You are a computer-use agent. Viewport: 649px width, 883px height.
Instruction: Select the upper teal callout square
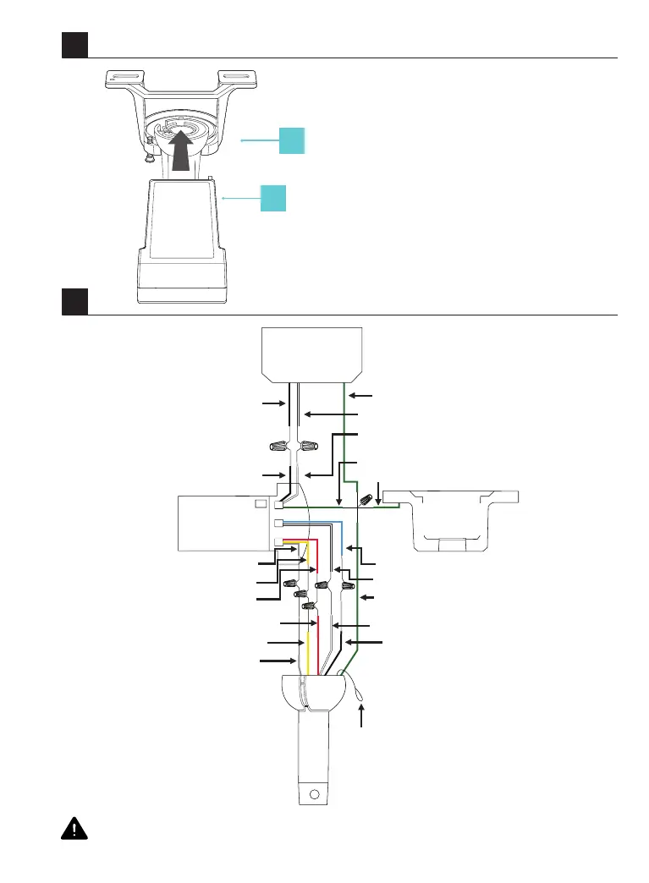(x=292, y=140)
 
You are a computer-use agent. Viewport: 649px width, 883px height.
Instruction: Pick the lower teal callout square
(x=272, y=197)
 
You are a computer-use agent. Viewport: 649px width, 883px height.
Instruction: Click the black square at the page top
(x=74, y=45)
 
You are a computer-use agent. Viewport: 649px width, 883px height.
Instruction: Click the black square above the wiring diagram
(x=74, y=300)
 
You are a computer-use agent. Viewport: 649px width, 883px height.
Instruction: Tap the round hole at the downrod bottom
(x=315, y=793)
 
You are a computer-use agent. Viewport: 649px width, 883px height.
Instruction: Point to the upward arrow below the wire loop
(x=363, y=717)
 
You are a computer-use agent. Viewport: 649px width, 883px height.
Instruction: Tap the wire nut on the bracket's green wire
(x=366, y=500)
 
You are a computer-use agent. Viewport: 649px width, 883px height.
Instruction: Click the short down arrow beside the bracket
(x=378, y=492)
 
